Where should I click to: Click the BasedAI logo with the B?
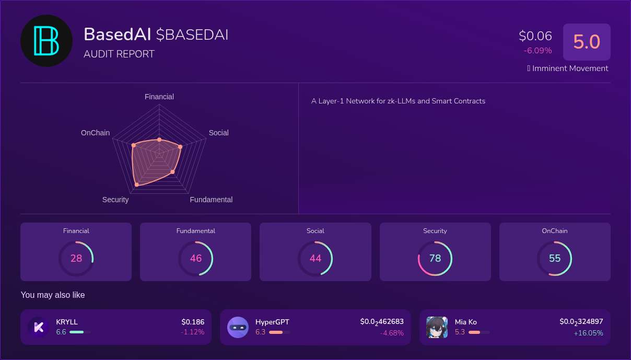(x=46, y=41)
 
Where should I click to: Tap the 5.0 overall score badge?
(x=587, y=42)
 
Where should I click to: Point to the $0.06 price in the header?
(x=535, y=36)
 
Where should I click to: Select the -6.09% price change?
(x=537, y=51)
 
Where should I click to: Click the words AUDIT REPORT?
(x=119, y=54)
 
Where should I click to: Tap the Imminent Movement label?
(x=570, y=68)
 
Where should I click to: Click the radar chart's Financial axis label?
(x=159, y=97)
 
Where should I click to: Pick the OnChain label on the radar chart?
(x=96, y=133)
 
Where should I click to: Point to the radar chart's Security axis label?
(x=115, y=200)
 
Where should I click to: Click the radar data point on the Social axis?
(x=180, y=147)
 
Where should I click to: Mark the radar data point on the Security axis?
(x=137, y=184)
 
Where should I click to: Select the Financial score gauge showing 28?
(x=76, y=258)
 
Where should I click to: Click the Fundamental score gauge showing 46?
(x=196, y=258)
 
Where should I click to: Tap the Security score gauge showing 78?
(x=435, y=258)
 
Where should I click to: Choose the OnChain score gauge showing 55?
(x=555, y=258)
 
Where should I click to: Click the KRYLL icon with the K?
(x=38, y=327)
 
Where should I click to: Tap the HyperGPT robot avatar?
(x=238, y=327)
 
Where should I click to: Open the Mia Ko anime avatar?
(x=437, y=327)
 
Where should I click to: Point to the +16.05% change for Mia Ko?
(x=588, y=333)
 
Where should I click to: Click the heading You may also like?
(x=53, y=295)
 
